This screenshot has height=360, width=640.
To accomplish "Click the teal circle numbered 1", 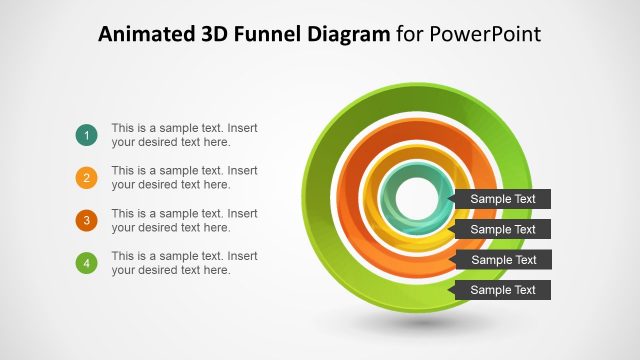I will [86, 135].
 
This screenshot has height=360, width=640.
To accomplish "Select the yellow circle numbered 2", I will [86, 178].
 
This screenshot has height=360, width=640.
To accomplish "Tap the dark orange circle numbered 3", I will [86, 220].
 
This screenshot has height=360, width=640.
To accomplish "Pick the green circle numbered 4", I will [86, 263].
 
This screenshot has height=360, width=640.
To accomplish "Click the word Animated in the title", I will [142, 35].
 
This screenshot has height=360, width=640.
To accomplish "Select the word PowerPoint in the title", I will [484, 35].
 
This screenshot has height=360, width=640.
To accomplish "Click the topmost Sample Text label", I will [502, 199].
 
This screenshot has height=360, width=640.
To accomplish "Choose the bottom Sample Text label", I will [502, 290].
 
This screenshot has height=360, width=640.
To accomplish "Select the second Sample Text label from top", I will [502, 229].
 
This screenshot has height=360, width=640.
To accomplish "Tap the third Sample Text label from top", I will [502, 260].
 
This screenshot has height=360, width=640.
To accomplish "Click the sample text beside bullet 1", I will [184, 135].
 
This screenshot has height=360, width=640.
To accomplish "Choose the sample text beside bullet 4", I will [184, 263].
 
